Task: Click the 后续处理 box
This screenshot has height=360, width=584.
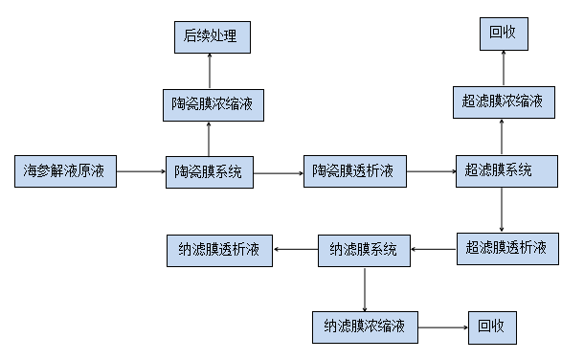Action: [x=208, y=37]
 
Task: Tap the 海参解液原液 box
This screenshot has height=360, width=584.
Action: [x=66, y=171]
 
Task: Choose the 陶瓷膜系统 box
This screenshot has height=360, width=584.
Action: [x=208, y=171]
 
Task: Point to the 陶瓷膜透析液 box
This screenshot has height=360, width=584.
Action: [x=353, y=171]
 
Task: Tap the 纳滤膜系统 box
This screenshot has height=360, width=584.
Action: [x=365, y=251]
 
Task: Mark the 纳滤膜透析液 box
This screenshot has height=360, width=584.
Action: [x=219, y=251]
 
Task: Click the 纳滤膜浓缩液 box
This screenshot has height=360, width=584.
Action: [x=365, y=326]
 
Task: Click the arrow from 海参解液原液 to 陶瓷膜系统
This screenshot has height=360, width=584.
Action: [x=141, y=172]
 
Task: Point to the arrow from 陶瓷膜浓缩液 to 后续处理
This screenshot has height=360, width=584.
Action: [x=208, y=69]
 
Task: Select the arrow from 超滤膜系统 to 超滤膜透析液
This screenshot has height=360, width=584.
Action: [x=503, y=210]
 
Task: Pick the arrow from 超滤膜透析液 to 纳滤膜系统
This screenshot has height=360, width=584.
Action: [x=434, y=251]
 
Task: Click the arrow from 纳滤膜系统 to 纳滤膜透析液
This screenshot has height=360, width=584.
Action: [x=296, y=251]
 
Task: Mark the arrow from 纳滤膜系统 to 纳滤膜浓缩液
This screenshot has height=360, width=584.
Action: [x=365, y=288]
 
